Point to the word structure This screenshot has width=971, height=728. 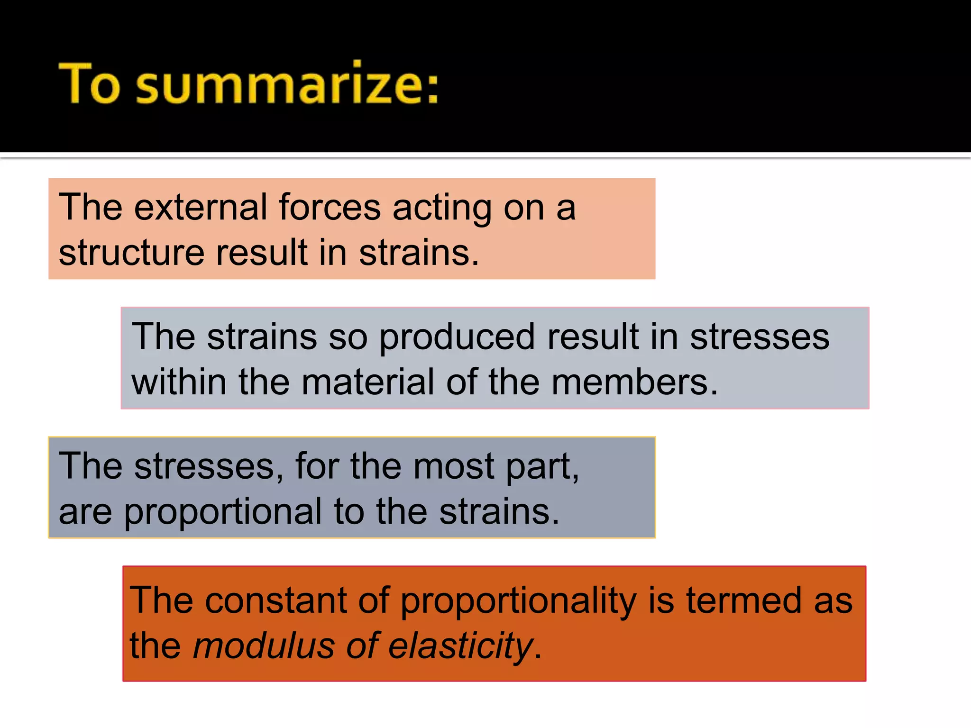click(x=131, y=253)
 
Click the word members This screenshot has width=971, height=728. click(x=630, y=382)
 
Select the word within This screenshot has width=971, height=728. click(x=179, y=382)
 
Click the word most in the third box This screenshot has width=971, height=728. click(x=454, y=466)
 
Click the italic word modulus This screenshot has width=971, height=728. click(x=264, y=646)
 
